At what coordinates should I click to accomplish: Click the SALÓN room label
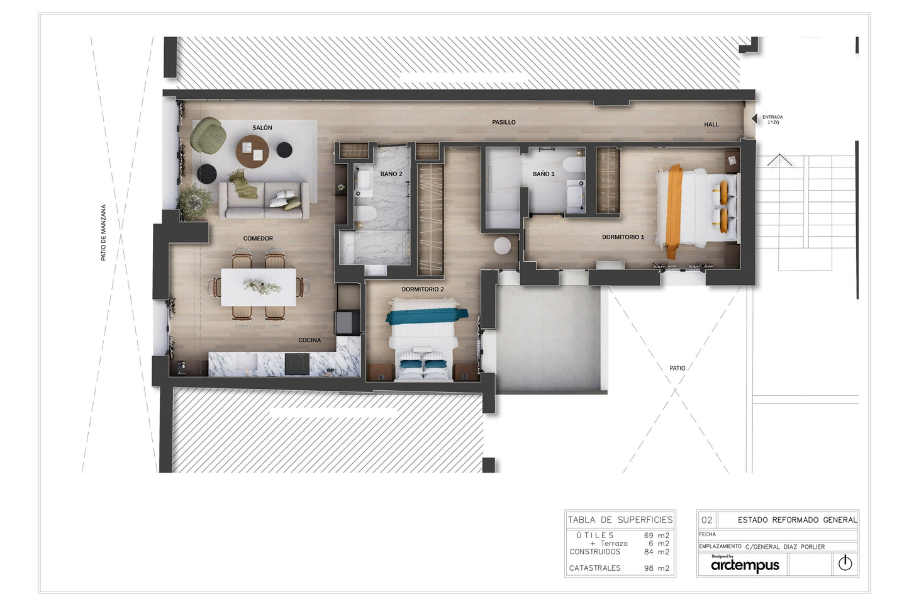point(262,128)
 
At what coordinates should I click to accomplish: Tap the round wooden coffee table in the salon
point(252,152)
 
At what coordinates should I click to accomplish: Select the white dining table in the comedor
point(259,287)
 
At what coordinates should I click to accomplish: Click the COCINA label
point(310,340)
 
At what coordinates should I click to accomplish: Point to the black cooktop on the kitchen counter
point(297,364)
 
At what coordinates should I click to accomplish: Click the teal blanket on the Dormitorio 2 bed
point(427,316)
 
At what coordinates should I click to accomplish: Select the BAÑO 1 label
point(544,174)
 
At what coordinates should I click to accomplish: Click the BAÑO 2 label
point(391,174)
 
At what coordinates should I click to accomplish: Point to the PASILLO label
point(504,122)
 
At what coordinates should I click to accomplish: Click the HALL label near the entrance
point(711,125)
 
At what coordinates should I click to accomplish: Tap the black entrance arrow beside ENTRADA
point(754,118)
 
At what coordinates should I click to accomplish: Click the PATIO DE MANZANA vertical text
point(103,233)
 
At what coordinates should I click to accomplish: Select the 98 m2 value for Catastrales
point(657,568)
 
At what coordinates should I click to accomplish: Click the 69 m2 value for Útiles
point(657,536)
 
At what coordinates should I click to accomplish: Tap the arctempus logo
point(745,564)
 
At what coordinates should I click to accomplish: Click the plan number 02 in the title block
point(707,520)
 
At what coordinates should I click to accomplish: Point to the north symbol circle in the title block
point(845,563)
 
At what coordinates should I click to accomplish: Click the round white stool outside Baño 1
point(503,245)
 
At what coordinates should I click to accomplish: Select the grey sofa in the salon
point(264,200)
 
